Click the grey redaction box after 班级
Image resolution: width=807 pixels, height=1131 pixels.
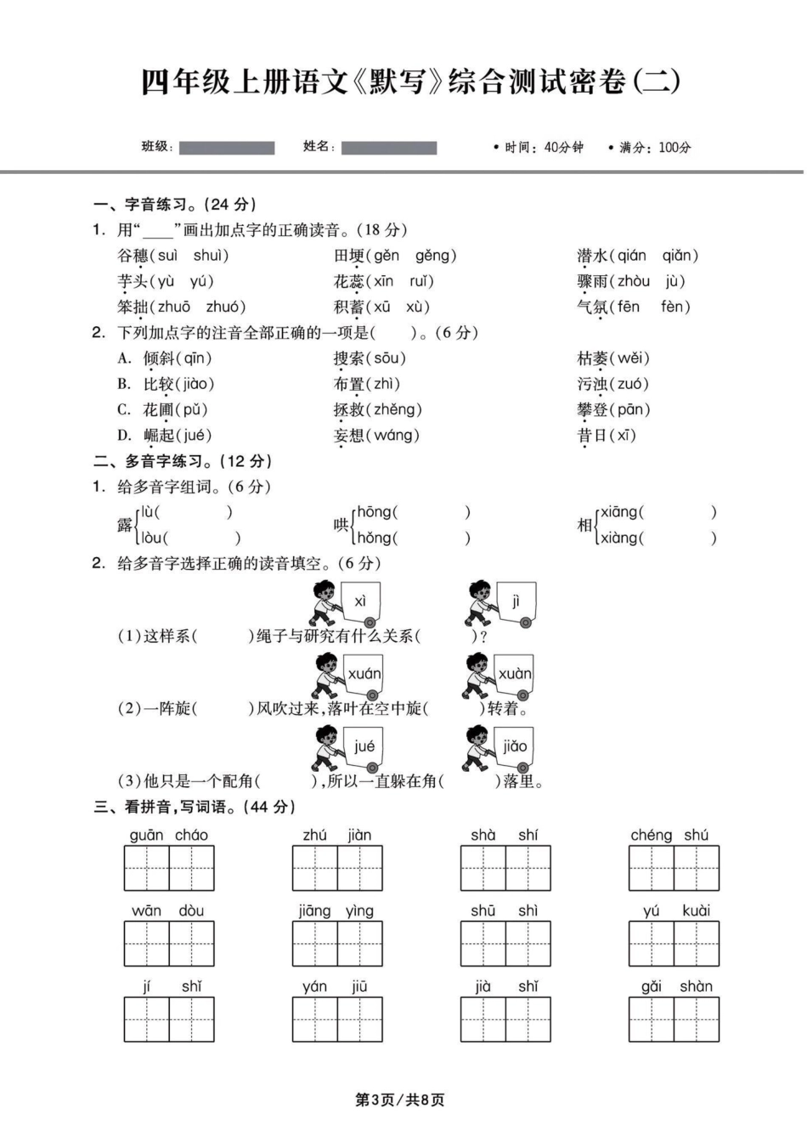pyautogui.click(x=227, y=148)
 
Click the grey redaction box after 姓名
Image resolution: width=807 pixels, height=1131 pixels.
pyautogui.click(x=389, y=148)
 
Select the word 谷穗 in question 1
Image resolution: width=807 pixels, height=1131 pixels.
pyautogui.click(x=133, y=256)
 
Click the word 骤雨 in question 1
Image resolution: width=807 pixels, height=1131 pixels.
pyautogui.click(x=593, y=281)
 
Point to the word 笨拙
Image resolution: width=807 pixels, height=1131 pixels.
pyautogui.click(x=133, y=307)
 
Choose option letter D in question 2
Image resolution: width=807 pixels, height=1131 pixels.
pyautogui.click(x=124, y=436)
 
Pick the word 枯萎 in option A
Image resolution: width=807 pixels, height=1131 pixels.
pyautogui.click(x=593, y=358)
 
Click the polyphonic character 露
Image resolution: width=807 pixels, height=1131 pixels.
pyautogui.click(x=125, y=525)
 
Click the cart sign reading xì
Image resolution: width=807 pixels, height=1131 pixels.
pyautogui.click(x=360, y=601)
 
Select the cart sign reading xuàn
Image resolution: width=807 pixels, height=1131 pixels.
pyautogui.click(x=515, y=674)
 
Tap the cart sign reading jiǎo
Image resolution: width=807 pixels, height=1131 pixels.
pyautogui.click(x=515, y=746)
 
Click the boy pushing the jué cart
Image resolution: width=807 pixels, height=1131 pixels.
pyautogui.click(x=324, y=747)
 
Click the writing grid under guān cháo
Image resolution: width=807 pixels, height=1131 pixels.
pyautogui.click(x=169, y=868)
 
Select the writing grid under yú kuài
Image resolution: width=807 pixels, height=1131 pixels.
pyautogui.click(x=674, y=943)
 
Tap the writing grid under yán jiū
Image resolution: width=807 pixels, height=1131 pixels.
pyautogui.click(x=337, y=1019)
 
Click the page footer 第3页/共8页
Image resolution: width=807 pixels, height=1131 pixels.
pyautogui.click(x=399, y=1100)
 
